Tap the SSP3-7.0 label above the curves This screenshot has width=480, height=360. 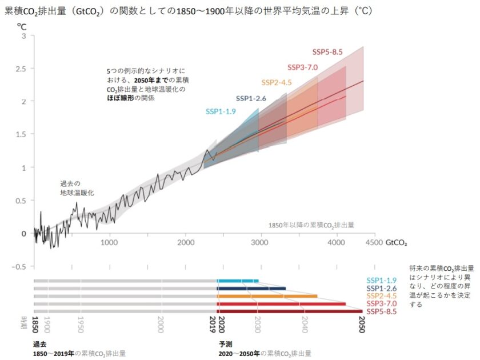click(x=302, y=67)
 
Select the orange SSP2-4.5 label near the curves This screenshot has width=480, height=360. click(x=277, y=82)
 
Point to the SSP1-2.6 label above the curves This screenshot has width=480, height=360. click(x=251, y=98)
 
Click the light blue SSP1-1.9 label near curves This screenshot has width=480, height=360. click(x=221, y=111)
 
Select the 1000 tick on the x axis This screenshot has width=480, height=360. click(x=109, y=242)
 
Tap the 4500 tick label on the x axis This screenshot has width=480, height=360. click(x=374, y=242)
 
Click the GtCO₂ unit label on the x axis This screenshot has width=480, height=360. click(x=397, y=242)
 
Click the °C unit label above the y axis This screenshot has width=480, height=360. click(x=22, y=26)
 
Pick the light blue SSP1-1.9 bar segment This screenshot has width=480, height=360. click(x=238, y=281)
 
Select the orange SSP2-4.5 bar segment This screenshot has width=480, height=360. click(x=267, y=296)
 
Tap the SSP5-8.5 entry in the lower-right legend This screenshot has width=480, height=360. click(x=382, y=311)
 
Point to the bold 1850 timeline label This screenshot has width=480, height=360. click(x=35, y=321)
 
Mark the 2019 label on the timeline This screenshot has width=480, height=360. click(x=213, y=321)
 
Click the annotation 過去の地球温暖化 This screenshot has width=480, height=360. click(x=77, y=189)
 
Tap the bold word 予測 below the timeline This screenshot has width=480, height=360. click(x=225, y=345)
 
